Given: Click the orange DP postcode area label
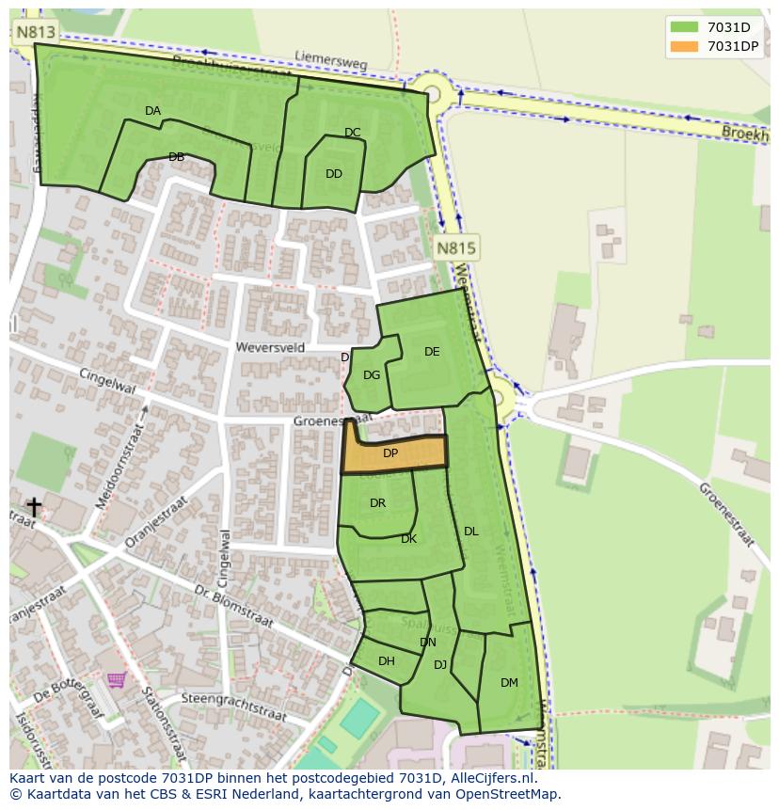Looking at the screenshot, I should point(390,453).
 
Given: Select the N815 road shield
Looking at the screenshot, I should point(456,248).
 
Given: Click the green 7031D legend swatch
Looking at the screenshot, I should point(685,27).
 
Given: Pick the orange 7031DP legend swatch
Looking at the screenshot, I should point(685,46).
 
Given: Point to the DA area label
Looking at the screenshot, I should point(152,111).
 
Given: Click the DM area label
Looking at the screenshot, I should point(509,683).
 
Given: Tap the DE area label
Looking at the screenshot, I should point(432,352).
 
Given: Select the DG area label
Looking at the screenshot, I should point(372,375).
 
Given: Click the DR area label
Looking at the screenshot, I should point(377,503).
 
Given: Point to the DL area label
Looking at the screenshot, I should point(471,532).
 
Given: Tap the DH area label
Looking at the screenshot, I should point(387,661).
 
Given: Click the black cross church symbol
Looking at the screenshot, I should point(34,508).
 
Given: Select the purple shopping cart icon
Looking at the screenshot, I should point(116,679).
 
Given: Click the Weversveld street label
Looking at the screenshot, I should point(272,347).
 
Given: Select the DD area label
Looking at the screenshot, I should point(334,174).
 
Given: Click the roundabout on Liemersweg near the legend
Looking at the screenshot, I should point(432,93).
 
